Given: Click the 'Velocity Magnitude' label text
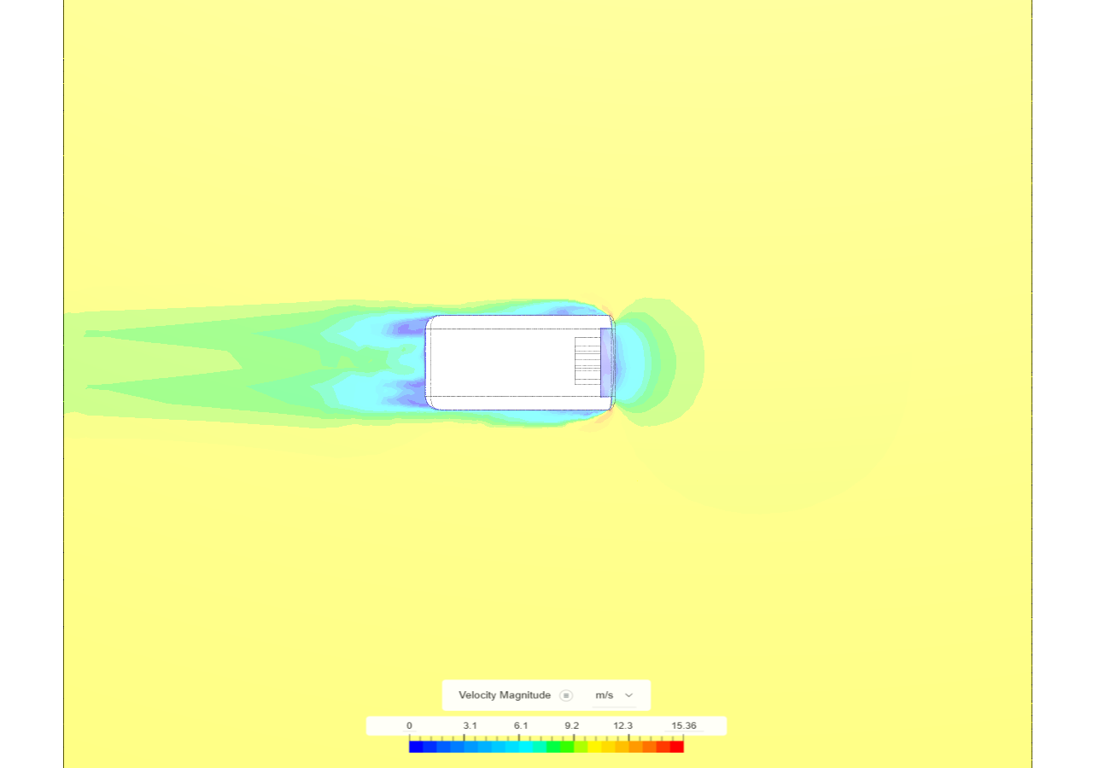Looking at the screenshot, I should coord(504,695).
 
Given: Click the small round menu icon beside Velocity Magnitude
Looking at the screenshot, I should coord(565,695).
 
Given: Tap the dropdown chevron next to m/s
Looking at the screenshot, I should coord(629,695).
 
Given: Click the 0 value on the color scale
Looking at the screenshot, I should coord(409,726).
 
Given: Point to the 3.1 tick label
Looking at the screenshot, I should coord(470,726).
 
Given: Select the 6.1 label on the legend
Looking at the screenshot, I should coord(521,726).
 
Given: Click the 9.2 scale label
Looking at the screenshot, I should coord(571,726).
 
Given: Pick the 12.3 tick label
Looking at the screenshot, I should coord(623,726).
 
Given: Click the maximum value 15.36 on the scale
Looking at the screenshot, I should coord(683,726).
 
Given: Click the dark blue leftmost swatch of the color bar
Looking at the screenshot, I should coord(416,747).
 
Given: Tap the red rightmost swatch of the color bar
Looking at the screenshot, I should coord(676,747).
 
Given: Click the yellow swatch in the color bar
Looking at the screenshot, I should coord(608,747).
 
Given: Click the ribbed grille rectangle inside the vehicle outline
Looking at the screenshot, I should coord(587,361).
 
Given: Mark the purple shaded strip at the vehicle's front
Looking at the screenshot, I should coord(606,362).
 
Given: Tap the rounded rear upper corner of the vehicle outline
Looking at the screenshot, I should coord(432,322).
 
